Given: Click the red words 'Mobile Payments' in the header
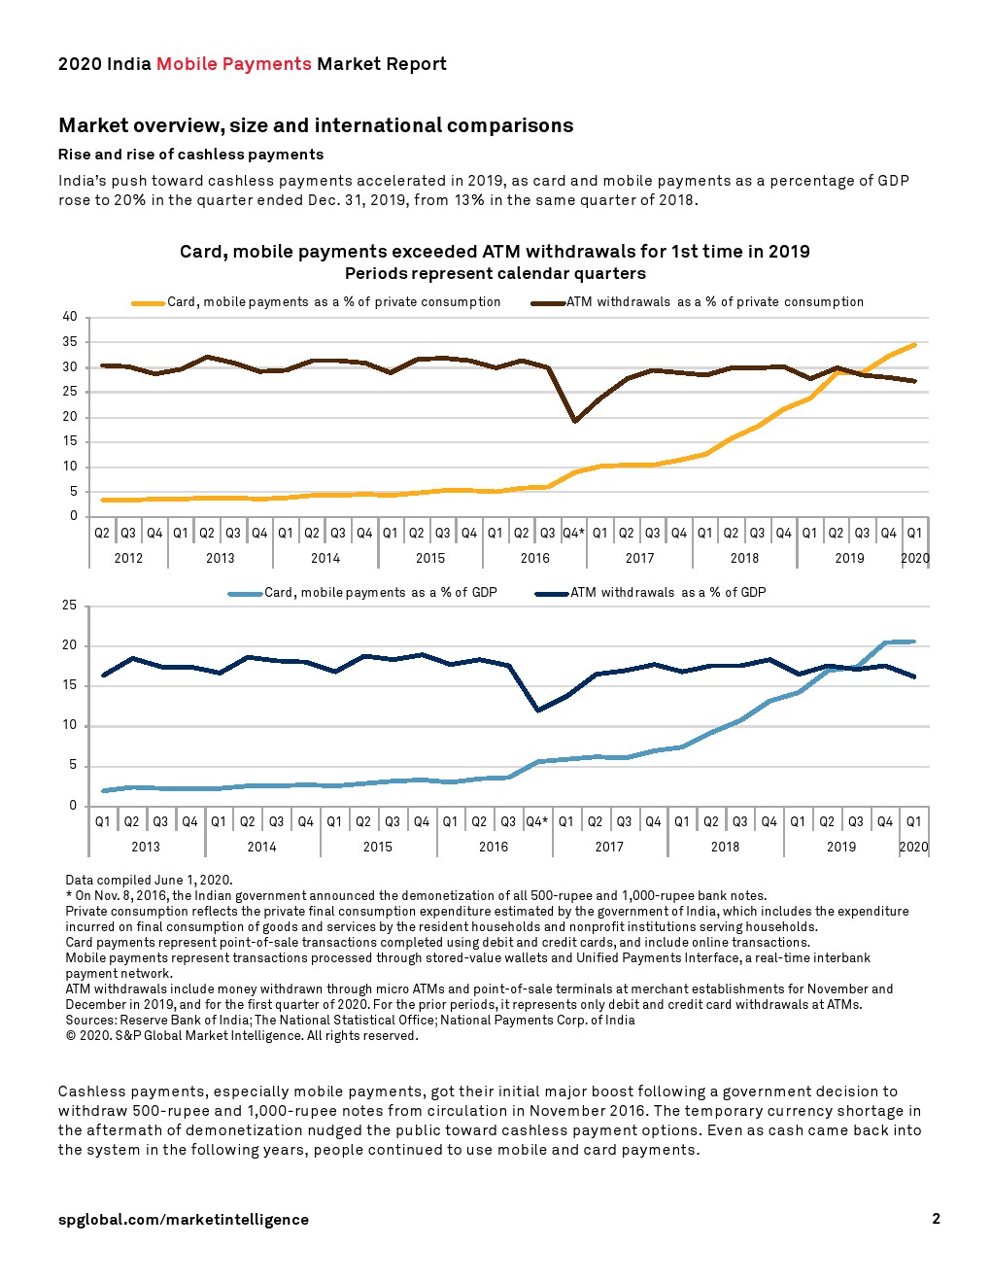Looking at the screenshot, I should point(233,64).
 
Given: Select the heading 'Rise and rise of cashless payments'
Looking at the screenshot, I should point(190,155).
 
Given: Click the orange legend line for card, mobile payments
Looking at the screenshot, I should point(149,303).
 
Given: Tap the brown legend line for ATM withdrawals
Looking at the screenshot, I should point(548,303).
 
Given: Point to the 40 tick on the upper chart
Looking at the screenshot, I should point(70,317).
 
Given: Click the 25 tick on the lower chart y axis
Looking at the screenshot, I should point(70,606).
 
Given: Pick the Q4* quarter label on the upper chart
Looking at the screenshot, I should point(573,533).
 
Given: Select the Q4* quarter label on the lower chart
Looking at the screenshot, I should point(536,821).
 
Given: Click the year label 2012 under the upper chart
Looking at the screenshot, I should point(128,558).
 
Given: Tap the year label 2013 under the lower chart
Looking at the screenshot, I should point(146,847).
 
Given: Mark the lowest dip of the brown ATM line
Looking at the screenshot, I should point(575,421).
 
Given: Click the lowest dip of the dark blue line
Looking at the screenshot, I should point(537,711).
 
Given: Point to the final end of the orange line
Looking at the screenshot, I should point(914,344).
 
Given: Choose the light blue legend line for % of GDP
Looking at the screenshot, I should point(246,594).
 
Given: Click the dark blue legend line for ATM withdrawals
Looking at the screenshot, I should point(552,594).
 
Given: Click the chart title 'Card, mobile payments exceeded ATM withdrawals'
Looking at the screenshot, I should point(495,252).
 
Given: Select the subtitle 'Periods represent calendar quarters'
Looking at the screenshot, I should point(495,274).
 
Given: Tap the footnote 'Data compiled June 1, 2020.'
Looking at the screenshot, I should point(149,881).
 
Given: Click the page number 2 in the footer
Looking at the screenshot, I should point(936,1219).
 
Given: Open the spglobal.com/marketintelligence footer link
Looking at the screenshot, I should point(184,1220).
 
